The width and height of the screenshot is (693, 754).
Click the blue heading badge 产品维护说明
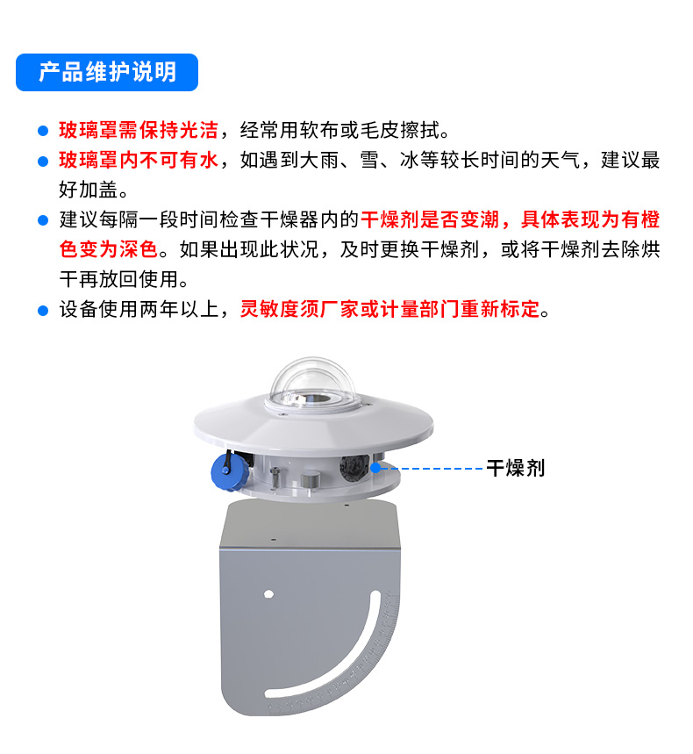[x=107, y=72]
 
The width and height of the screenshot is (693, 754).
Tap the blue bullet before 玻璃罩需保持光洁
[x=43, y=131]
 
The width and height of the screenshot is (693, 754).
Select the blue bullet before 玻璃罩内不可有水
[x=43, y=162]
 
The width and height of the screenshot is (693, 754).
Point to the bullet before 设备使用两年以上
[x=43, y=311]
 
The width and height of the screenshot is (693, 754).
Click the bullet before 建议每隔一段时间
[x=43, y=220]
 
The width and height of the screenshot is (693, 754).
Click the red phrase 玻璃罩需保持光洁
[x=139, y=130]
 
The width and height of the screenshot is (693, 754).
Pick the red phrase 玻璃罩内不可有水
[x=139, y=160]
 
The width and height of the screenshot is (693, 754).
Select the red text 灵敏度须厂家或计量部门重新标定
[x=389, y=309]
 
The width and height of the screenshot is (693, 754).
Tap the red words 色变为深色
[x=109, y=249]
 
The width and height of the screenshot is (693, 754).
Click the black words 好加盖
[x=89, y=190]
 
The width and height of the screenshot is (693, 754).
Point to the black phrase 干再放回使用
[x=118, y=279]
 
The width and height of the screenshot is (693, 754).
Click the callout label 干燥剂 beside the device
[x=516, y=468]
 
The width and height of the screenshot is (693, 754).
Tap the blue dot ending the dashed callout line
[x=375, y=467]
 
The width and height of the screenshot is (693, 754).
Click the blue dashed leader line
[x=431, y=468]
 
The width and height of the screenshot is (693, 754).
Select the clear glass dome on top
[x=313, y=384]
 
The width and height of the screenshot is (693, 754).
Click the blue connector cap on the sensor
[x=227, y=471]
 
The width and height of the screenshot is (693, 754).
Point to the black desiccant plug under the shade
[x=354, y=467]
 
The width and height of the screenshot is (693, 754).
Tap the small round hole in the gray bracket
[x=269, y=594]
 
